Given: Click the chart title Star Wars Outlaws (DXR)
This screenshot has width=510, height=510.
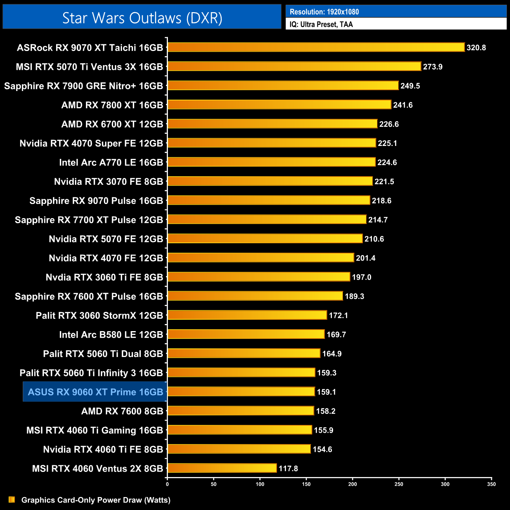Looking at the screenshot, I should pos(142,18).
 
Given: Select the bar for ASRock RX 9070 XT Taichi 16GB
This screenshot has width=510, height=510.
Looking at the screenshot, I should pos(316,47).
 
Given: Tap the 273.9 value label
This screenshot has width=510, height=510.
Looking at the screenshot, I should pos(433,67).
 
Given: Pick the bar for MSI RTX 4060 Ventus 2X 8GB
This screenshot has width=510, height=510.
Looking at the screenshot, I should pos(222,468).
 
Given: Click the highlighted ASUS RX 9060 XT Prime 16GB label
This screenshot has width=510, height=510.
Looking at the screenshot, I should pos(95,392).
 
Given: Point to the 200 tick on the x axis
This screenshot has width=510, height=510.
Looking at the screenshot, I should pos(353,484).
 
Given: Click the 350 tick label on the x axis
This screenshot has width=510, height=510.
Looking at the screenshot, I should pos(492,484).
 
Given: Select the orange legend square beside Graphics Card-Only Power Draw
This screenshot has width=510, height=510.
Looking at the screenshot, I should pos(12,499).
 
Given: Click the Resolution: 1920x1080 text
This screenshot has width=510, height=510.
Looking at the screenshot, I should pos(324,12).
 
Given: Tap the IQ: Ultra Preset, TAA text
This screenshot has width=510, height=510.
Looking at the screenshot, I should pos(321,24).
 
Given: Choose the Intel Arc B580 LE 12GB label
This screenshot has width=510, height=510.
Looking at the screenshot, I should pos(111,335).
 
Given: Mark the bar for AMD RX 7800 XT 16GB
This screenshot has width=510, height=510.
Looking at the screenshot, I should pos(279,105).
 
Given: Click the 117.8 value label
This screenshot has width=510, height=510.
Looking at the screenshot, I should pos(288,468).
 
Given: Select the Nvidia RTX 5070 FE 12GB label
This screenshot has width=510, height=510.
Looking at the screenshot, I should pos(106,239).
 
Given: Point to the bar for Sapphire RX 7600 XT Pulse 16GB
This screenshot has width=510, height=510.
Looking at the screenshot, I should pos(255,296).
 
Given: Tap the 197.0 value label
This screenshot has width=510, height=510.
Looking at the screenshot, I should pos(361,277).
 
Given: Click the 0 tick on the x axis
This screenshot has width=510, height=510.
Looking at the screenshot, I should pos(168,484).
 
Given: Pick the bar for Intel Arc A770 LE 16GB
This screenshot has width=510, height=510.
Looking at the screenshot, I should pos(271,162).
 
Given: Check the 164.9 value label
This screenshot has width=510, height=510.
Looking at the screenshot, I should pos(332,354).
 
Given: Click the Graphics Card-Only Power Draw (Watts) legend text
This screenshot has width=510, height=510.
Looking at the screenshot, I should pos(96,500).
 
